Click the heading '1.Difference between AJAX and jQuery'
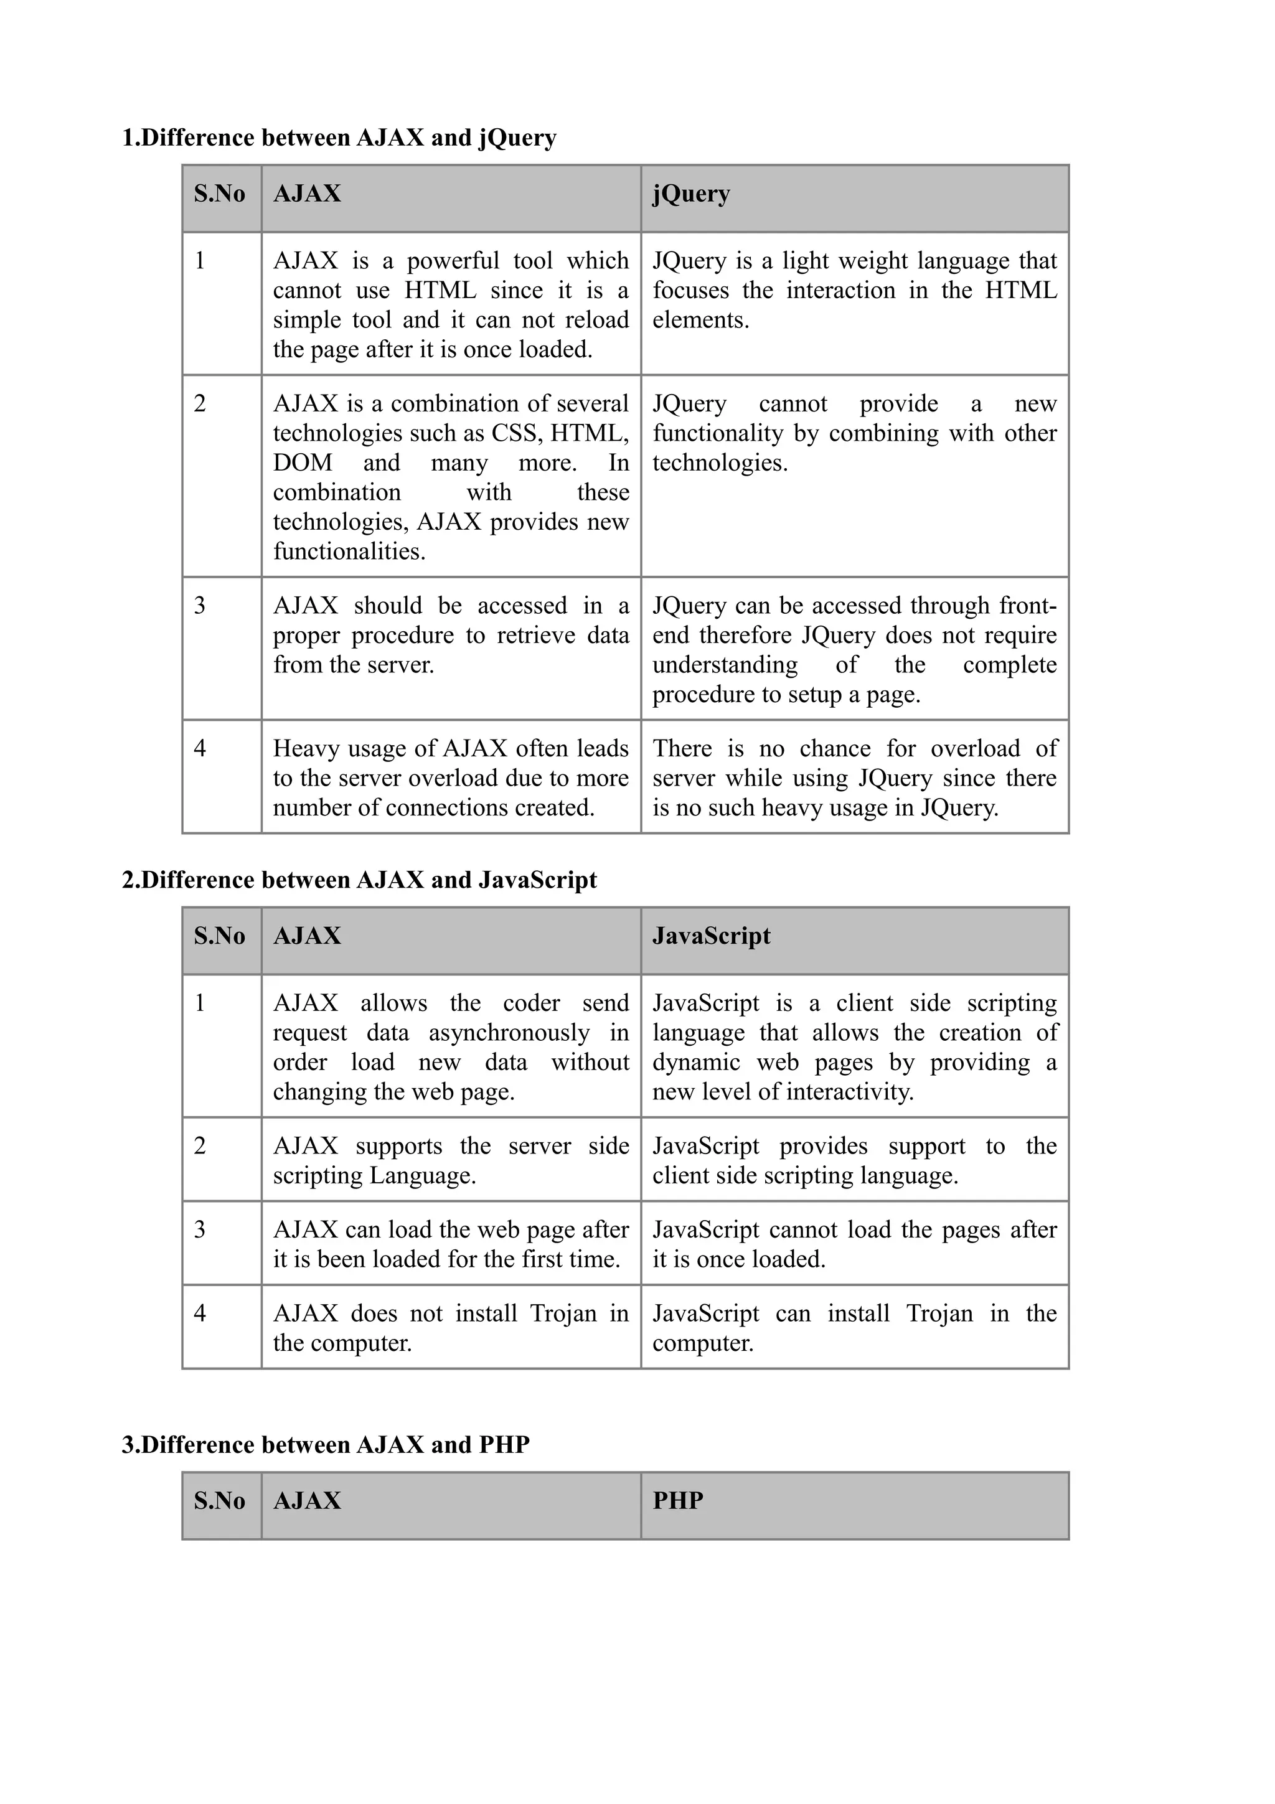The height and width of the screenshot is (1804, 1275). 339,138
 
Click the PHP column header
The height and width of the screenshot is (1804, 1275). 677,1501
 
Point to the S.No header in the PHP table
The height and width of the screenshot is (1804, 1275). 219,1501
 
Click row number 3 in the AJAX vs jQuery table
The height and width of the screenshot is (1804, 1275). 200,606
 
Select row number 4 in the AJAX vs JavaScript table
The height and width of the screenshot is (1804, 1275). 200,1313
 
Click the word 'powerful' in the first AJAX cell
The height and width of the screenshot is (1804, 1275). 453,261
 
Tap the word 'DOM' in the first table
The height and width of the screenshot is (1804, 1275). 303,463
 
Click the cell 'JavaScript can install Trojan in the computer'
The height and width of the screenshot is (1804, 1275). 854,1328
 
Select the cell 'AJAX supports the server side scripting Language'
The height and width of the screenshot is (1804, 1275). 450,1160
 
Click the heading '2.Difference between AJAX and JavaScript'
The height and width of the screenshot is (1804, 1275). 359,880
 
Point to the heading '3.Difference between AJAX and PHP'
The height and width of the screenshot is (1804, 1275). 325,1445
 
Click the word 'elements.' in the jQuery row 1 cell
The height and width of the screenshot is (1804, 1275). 700,321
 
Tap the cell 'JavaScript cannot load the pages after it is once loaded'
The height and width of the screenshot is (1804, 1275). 854,1244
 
